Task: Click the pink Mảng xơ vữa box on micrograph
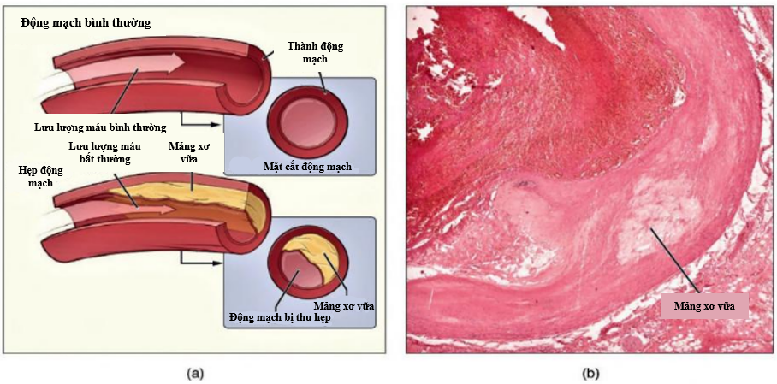click(x=704, y=304)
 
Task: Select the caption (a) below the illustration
click(x=195, y=373)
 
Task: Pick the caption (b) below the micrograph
click(x=590, y=373)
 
